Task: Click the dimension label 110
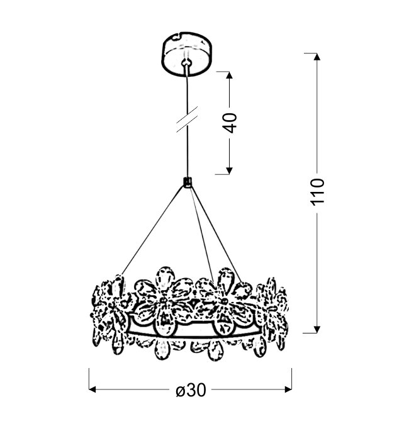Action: click(318, 192)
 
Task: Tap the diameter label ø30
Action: click(191, 390)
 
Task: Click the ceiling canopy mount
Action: click(187, 53)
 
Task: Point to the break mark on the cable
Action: click(187, 120)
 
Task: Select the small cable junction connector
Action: click(187, 182)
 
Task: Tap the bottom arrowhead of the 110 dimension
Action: click(317, 329)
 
